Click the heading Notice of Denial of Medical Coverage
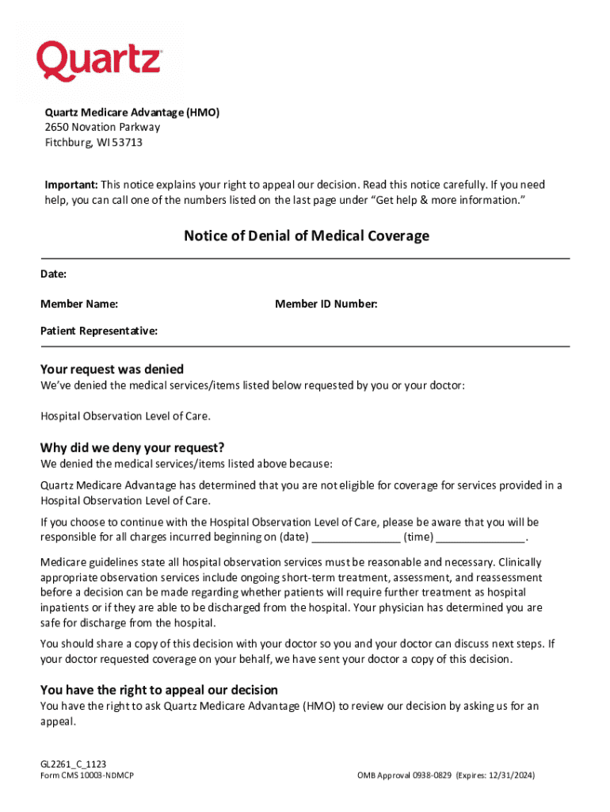[307, 236]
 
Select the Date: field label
[54, 274]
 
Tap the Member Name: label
[79, 304]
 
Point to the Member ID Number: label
[326, 304]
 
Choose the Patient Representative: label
[99, 331]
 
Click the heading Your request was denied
[112, 369]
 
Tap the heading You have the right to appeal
[158, 690]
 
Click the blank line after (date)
[355, 538]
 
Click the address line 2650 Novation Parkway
[101, 128]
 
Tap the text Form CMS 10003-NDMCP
[86, 776]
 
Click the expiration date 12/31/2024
[511, 776]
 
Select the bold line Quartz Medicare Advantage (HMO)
[132, 113]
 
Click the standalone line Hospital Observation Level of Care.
[125, 416]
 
